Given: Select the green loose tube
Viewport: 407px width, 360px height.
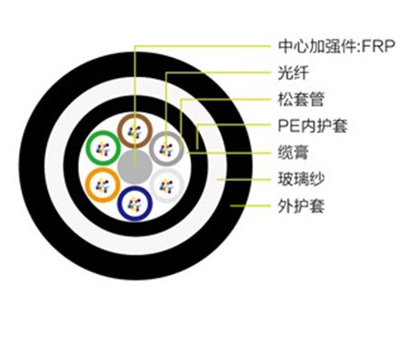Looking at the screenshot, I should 100,147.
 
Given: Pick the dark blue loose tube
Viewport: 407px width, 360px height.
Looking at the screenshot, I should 134,204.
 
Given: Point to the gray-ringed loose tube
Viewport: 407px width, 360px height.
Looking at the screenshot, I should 166,147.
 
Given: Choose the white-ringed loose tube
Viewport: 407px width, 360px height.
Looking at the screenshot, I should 167,186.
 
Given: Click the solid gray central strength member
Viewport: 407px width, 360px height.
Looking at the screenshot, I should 134,167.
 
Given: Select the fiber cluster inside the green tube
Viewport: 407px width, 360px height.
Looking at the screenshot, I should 100,147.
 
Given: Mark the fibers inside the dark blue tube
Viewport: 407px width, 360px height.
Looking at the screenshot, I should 134,204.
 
